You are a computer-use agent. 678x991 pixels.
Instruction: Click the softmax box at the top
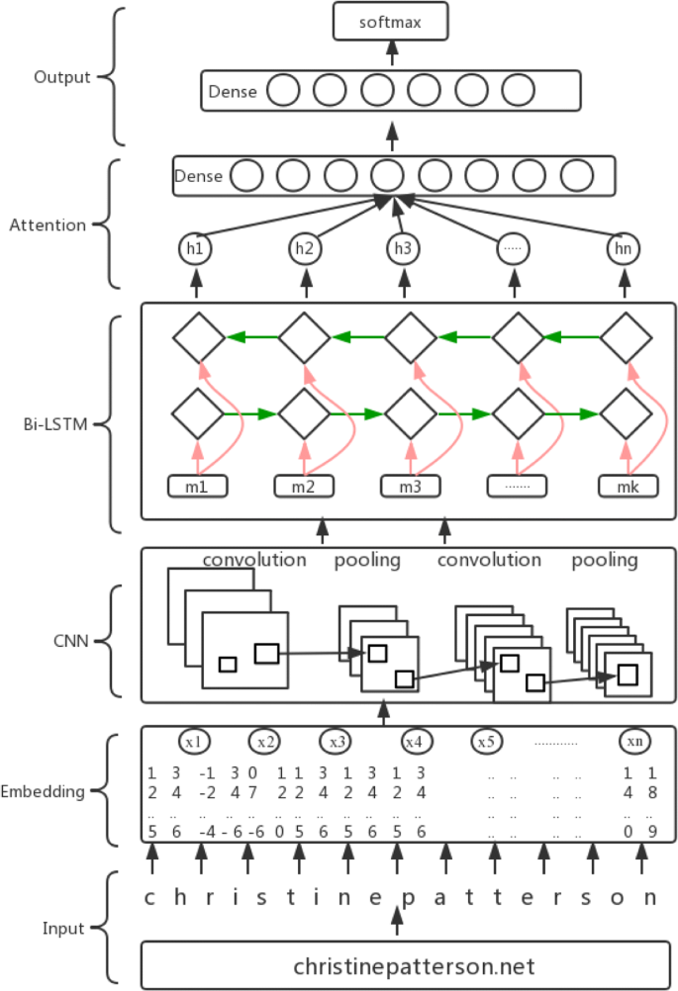pyautogui.click(x=390, y=21)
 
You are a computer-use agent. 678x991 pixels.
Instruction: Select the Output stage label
pyautogui.click(x=61, y=77)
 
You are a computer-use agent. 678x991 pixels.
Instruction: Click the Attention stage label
pyautogui.click(x=48, y=225)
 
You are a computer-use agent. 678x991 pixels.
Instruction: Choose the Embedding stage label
pyautogui.click(x=42, y=791)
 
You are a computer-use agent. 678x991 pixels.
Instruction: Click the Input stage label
pyautogui.click(x=63, y=928)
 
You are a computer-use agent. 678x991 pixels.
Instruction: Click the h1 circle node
pyautogui.click(x=195, y=248)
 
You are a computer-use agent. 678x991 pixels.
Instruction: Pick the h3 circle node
pyautogui.click(x=402, y=248)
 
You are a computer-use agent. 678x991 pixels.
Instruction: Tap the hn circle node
pyautogui.click(x=623, y=248)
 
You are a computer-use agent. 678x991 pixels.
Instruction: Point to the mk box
pyautogui.click(x=629, y=487)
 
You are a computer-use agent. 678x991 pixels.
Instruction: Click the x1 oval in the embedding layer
pyautogui.click(x=195, y=741)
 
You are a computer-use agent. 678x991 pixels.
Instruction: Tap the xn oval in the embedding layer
pyautogui.click(x=634, y=741)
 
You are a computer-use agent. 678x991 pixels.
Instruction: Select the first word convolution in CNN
pyautogui.click(x=254, y=560)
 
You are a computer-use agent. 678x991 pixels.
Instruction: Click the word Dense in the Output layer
pyautogui.click(x=233, y=92)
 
